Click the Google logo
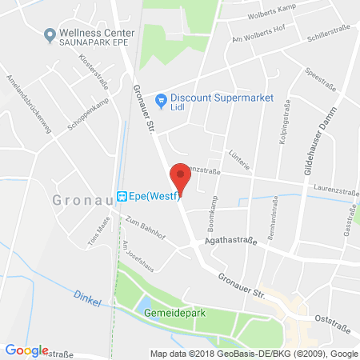26,350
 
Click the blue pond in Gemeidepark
146,305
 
